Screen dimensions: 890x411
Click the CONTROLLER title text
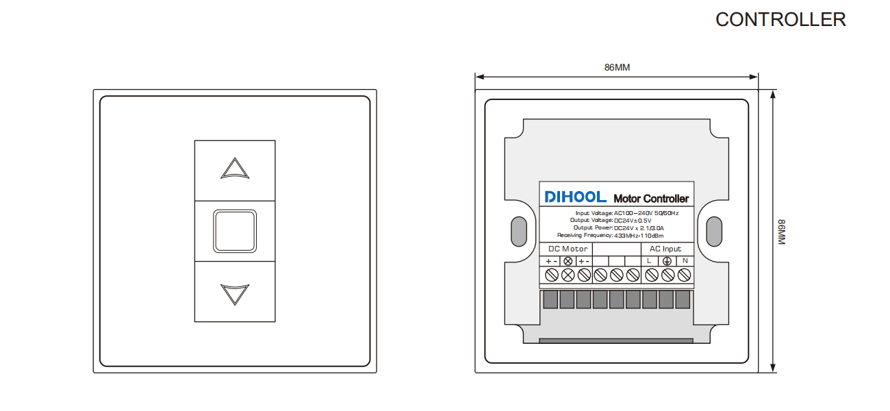tap(780, 19)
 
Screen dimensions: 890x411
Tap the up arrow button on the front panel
tap(235, 171)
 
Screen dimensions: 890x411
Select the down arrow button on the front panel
tap(235, 292)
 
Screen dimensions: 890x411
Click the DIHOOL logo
tap(575, 197)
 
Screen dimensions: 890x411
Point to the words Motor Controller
tap(651, 199)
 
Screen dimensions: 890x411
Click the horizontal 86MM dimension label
tap(617, 68)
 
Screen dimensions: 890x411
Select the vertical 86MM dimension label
tap(781, 232)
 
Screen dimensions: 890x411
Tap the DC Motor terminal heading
tap(568, 249)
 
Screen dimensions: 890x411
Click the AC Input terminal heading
tap(665, 249)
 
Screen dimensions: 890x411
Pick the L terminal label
tap(649, 261)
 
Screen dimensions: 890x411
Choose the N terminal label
tap(685, 261)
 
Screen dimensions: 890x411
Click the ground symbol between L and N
tap(667, 261)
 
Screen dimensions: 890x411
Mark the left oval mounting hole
tap(519, 232)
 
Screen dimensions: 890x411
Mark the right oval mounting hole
tap(714, 232)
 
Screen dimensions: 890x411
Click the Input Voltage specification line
tap(627, 213)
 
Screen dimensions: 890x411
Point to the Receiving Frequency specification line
tap(610, 236)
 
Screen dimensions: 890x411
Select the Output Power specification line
tap(619, 227)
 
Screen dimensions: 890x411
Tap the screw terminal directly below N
tap(684, 275)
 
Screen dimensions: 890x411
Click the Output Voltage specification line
tap(611, 220)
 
